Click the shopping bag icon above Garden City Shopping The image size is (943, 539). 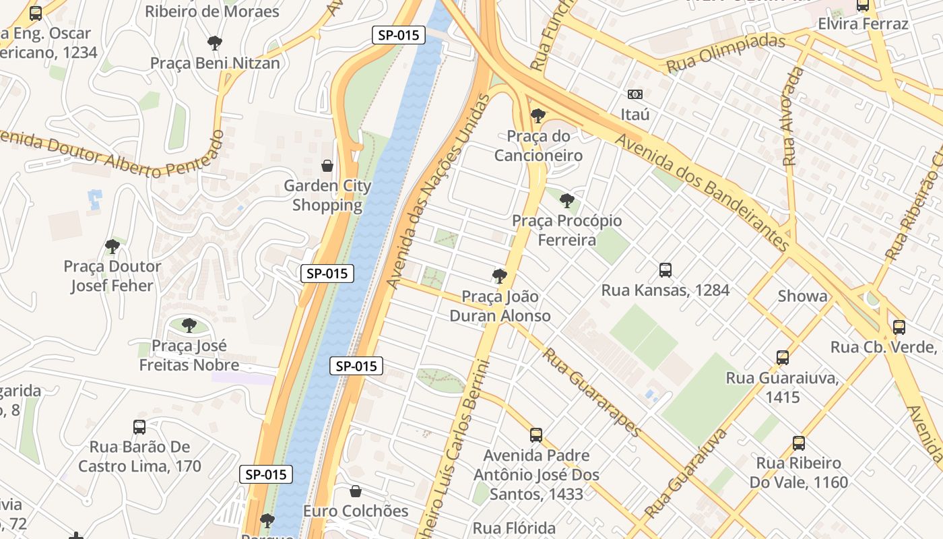(x=327, y=165)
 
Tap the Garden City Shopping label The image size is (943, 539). (x=327, y=195)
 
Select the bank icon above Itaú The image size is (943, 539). (x=635, y=94)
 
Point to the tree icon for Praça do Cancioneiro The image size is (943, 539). (x=538, y=116)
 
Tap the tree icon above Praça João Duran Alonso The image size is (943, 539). (x=499, y=276)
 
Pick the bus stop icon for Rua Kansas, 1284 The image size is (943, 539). (x=665, y=270)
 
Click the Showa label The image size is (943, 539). (x=802, y=296)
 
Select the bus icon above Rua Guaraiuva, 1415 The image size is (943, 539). (x=782, y=358)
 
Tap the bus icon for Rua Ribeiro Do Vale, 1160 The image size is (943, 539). (x=798, y=443)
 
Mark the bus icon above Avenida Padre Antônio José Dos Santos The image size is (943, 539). (x=536, y=435)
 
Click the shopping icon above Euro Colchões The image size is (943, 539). (x=356, y=491)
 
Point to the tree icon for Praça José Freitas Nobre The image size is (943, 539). (x=189, y=325)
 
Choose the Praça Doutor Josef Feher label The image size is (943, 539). (x=112, y=276)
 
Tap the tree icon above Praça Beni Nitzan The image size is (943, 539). (x=215, y=43)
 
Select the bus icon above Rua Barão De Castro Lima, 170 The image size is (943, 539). (x=139, y=426)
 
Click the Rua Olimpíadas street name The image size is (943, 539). (x=725, y=53)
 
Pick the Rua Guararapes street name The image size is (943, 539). (x=592, y=392)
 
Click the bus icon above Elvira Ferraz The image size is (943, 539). (x=863, y=5)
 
